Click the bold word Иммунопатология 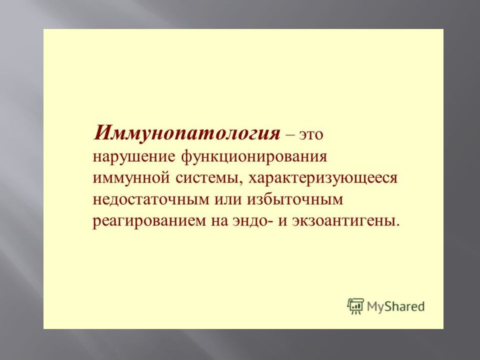click(x=186, y=133)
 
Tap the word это click(x=310, y=134)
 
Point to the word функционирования click(x=254, y=157)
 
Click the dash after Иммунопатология click(x=289, y=135)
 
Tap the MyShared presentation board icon click(x=355, y=306)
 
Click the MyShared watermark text click(x=395, y=306)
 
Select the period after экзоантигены click(x=398, y=225)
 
